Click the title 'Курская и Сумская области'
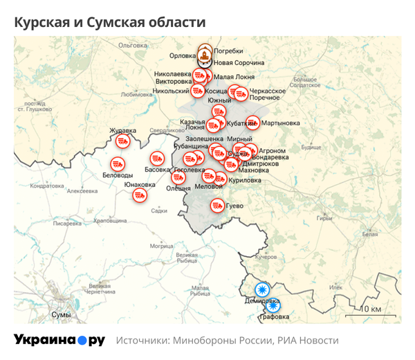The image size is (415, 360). click(110, 22)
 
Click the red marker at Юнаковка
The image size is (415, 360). click(140, 195)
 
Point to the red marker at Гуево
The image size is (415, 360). click(217, 206)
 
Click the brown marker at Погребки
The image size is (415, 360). click(205, 53)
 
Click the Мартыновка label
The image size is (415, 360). click(281, 123)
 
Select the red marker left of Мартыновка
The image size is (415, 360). click(251, 124)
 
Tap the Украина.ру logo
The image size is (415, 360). click(59, 340)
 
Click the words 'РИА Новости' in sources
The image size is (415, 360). click(308, 341)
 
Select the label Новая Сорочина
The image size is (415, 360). click(239, 62)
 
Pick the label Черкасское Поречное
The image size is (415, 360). click(267, 94)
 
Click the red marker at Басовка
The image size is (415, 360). click(157, 159)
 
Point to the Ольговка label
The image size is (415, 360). click(133, 45)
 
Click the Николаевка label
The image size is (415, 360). click(173, 73)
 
